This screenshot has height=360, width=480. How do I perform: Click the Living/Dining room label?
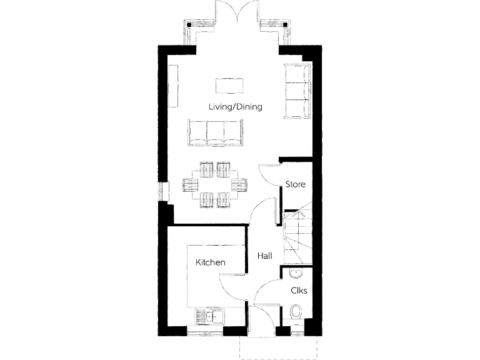tap(235, 107)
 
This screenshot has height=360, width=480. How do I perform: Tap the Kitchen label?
tap(210, 262)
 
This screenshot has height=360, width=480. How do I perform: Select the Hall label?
tap(265, 256)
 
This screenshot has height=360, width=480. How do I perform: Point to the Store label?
tap(295, 184)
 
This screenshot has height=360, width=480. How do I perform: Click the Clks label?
tap(298, 291)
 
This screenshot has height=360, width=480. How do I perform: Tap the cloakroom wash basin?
tap(295, 273)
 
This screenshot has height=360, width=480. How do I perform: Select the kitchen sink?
tap(211, 316)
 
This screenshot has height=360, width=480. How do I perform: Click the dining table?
tap(215, 184)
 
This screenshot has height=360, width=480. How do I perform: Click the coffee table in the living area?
tap(229, 84)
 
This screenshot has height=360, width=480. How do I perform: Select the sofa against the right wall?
tap(297, 91)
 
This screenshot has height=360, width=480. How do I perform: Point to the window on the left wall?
tap(164, 192)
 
